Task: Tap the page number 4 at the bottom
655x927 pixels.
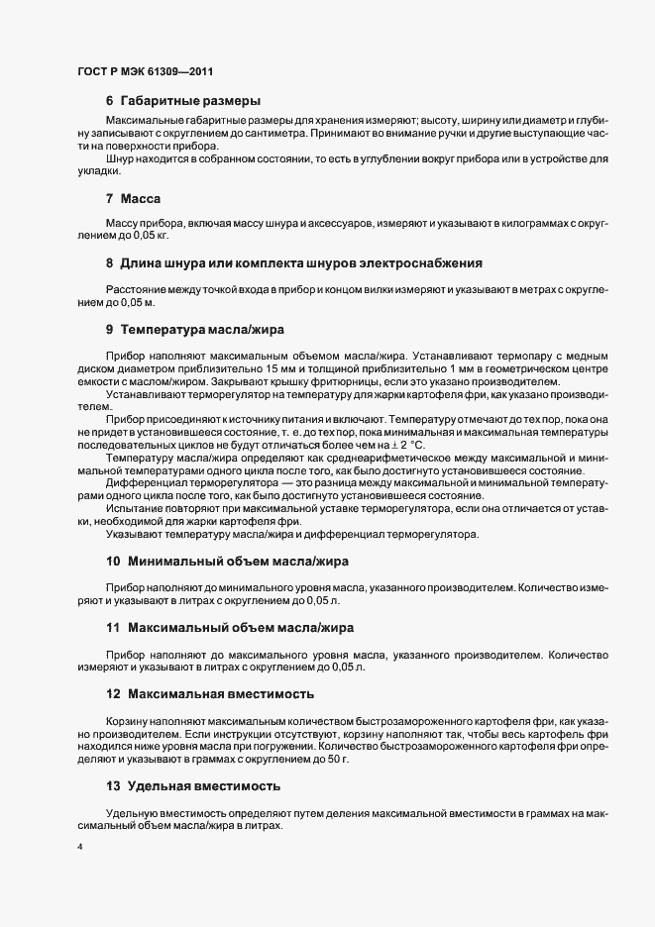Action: pyautogui.click(x=79, y=847)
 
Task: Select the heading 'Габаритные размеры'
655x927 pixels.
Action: pyautogui.click(x=190, y=101)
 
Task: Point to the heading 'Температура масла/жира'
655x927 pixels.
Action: pyautogui.click(x=204, y=327)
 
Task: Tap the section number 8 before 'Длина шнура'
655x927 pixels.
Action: pyautogui.click(x=109, y=263)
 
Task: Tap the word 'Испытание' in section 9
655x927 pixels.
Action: pyautogui.click(x=135, y=507)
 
